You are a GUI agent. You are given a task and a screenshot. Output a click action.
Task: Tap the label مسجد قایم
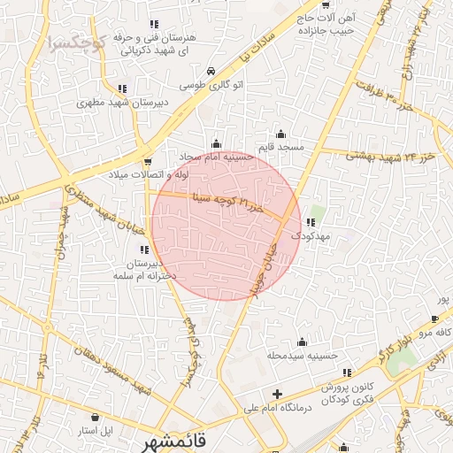tap(286, 145)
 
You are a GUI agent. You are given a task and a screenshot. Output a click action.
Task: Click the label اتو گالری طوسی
tap(211, 86)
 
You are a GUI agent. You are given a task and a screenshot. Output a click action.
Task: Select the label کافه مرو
tap(435, 333)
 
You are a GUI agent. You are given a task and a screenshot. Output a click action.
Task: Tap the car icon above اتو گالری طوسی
tap(211, 72)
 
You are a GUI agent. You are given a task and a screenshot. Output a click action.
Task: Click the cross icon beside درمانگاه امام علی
tap(278, 394)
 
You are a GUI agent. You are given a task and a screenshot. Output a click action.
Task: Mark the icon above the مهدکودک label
tap(309, 222)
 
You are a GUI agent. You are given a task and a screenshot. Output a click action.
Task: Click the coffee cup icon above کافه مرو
tap(434, 319)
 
